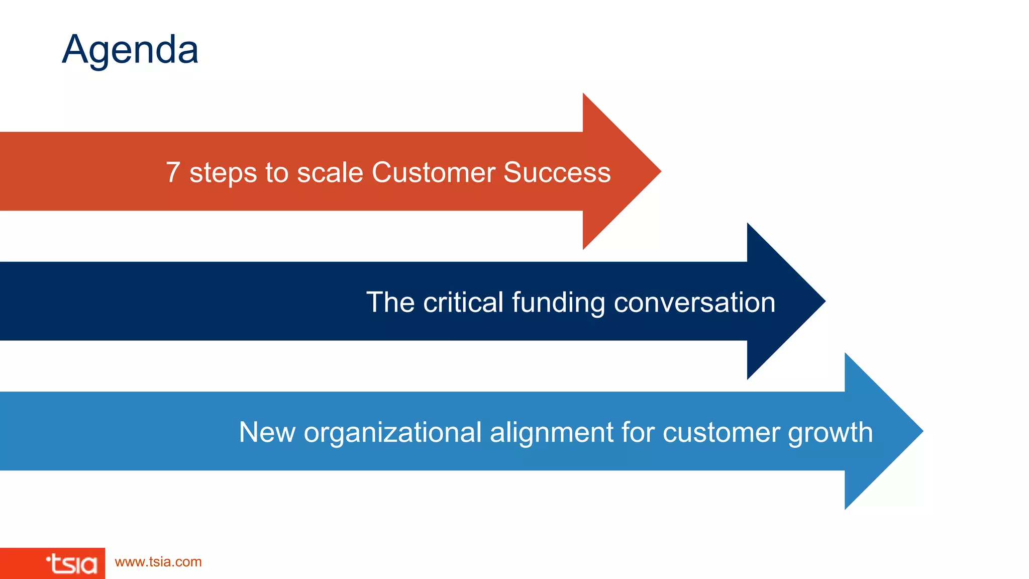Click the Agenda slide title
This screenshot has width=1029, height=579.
point(130,50)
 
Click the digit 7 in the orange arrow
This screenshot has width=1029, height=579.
point(173,172)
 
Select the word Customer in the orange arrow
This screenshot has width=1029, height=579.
point(433,172)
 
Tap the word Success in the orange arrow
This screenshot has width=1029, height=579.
point(557,172)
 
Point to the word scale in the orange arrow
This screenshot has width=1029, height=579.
point(330,172)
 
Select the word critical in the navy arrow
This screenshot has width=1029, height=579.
point(463,302)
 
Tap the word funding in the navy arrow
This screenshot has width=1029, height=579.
point(558,303)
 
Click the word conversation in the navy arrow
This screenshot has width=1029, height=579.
point(694,302)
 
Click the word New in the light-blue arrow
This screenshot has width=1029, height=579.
point(267,432)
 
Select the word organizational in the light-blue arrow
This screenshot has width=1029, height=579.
point(392,433)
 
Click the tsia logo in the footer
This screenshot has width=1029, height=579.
point(71,564)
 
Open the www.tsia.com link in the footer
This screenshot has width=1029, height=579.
point(158,562)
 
